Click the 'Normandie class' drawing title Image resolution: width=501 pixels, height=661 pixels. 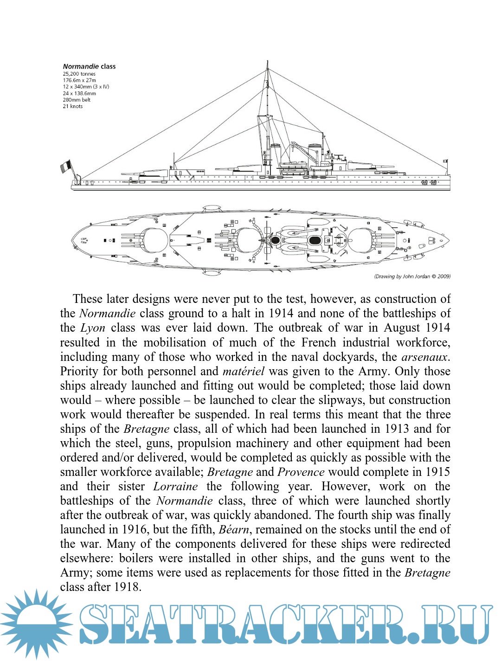89,66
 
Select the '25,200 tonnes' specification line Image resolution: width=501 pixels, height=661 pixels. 79,74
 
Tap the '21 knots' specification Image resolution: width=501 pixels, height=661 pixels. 73,106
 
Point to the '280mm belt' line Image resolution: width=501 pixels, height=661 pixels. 77,100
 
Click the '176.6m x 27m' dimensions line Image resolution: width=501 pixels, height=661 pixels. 79,80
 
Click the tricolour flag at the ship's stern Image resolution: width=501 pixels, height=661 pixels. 66,166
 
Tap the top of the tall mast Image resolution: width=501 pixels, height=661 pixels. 268,62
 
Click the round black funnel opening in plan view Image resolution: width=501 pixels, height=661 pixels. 275,240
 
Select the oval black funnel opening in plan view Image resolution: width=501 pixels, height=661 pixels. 315,240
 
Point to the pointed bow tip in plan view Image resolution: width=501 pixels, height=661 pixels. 449,240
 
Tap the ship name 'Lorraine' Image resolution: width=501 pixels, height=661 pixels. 175,486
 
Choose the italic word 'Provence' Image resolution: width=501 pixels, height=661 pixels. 301,472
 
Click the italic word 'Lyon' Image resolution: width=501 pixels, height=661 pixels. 93,328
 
